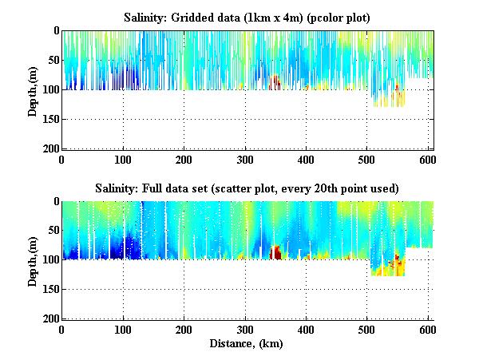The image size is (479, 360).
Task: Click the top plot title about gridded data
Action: click(x=247, y=17)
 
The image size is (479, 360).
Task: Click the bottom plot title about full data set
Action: click(x=247, y=188)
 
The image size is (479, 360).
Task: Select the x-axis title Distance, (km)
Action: click(x=247, y=344)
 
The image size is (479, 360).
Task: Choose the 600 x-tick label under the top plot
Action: click(x=429, y=159)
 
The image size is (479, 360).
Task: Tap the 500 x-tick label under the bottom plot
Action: click(x=367, y=330)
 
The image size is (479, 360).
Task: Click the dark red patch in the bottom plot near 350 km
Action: click(x=276, y=253)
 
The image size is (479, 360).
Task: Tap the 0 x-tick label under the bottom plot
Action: click(x=62, y=330)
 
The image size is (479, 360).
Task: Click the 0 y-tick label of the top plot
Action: click(x=56, y=31)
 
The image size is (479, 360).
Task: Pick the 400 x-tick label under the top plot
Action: click(x=307, y=159)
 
